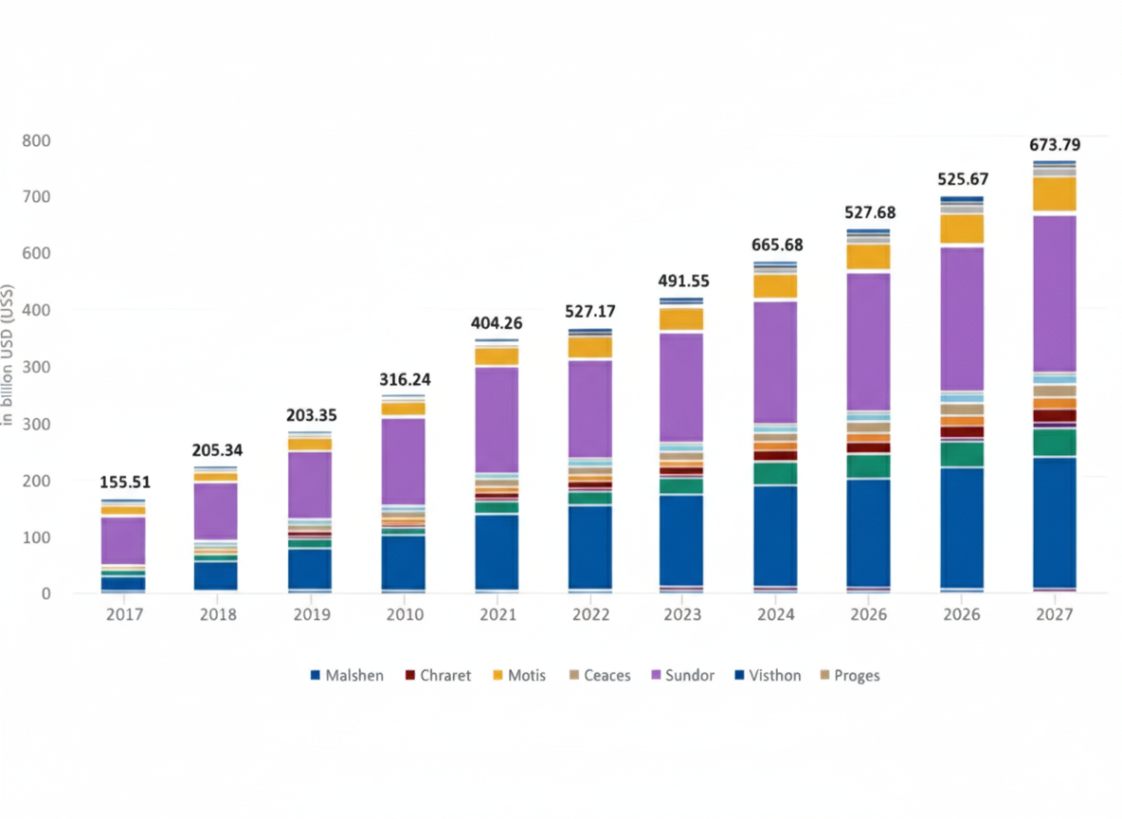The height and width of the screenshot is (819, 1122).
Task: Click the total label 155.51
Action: point(124,482)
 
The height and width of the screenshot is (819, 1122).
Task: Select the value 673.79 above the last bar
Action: point(1055,145)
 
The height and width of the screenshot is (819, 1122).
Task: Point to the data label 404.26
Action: point(496,322)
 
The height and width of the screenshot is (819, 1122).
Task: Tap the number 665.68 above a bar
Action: point(775,246)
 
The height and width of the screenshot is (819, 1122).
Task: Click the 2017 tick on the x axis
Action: point(124,615)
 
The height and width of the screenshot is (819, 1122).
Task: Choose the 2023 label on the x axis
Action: point(682,615)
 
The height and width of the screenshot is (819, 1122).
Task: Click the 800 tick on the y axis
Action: point(36,140)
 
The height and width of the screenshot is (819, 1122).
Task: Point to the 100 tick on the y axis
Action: point(36,537)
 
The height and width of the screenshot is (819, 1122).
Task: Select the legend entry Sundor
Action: point(689,676)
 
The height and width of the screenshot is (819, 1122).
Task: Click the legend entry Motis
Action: point(527,676)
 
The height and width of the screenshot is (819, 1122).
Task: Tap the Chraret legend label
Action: point(444,676)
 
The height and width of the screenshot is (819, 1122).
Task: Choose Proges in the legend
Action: point(857,676)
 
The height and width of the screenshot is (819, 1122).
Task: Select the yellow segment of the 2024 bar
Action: point(775,286)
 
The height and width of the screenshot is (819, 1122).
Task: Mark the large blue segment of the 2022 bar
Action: point(589,547)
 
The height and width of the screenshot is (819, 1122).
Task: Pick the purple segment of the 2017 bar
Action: point(124,540)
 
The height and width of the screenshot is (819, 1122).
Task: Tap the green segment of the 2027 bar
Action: point(1054,442)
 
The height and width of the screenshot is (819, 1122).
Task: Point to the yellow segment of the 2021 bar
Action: point(497,356)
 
